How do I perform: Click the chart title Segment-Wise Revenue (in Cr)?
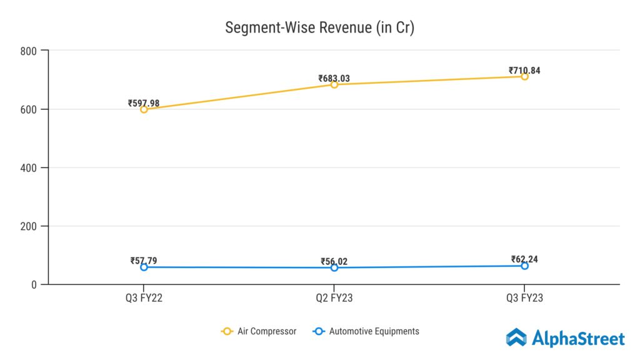[x=319, y=28]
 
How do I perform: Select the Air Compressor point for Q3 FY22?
[x=144, y=109]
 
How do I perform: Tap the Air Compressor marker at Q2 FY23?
[x=334, y=84]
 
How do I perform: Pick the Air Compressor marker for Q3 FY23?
[x=524, y=76]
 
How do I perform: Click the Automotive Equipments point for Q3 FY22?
[x=144, y=267]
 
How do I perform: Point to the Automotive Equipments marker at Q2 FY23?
[x=334, y=267]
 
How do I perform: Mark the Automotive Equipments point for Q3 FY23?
[x=524, y=266]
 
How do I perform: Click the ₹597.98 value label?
[x=144, y=103]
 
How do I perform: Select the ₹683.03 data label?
[x=334, y=79]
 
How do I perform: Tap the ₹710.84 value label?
[x=524, y=71]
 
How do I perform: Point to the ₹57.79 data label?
[x=144, y=261]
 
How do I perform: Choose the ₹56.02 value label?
[x=334, y=262]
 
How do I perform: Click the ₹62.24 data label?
[x=524, y=259]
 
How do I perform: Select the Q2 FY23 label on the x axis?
[x=334, y=298]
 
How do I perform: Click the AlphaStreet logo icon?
[x=516, y=338]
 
